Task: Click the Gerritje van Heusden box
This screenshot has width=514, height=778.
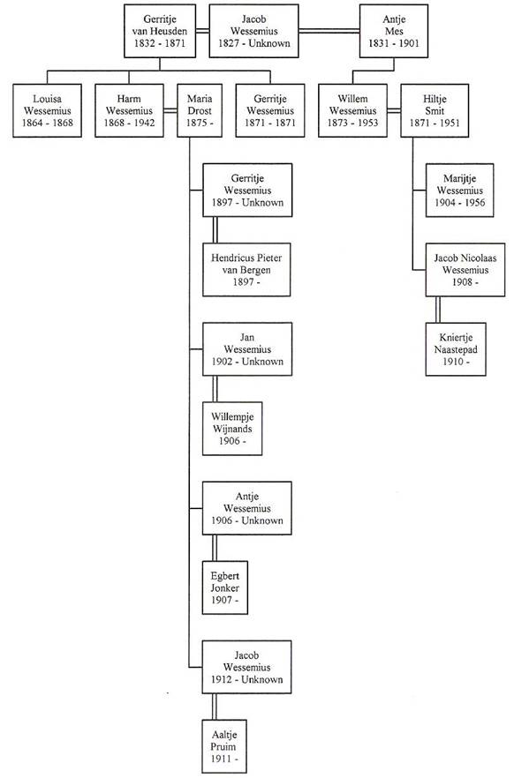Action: point(160,31)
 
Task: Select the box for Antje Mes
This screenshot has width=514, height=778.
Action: point(394,31)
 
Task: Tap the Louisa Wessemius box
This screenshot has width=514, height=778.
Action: point(47,110)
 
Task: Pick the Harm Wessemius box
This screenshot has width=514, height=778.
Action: point(129,110)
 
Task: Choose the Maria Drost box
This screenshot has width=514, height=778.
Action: point(199,110)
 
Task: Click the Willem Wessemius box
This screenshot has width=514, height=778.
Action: point(352,110)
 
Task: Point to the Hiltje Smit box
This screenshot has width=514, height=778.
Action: point(435,110)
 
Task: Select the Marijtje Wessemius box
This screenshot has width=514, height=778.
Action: point(460,191)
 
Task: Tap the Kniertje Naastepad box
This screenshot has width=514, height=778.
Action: point(456,349)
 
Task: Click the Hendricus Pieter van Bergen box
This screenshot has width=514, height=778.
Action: point(246,270)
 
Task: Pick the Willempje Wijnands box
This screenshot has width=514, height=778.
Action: point(232,429)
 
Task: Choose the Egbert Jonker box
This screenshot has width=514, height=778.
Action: point(225,588)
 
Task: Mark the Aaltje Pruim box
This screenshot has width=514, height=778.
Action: point(224,747)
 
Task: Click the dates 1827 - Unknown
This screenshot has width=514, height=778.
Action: point(253,43)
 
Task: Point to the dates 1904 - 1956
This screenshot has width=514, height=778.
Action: point(460,203)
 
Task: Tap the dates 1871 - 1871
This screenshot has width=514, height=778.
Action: point(270,123)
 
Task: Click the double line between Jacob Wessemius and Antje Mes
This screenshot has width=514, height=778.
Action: point(329,31)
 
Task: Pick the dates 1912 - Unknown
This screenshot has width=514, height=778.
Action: point(246,679)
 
